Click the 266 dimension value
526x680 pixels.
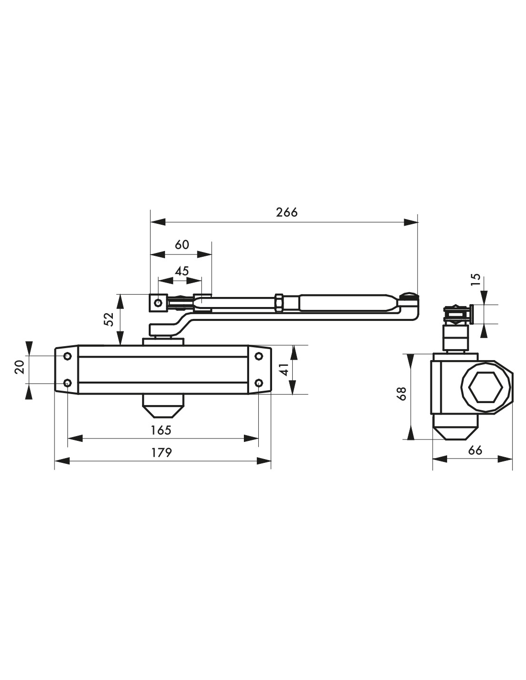coord(286,212)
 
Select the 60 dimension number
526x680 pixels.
coord(182,244)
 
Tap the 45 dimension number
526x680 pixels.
coord(182,271)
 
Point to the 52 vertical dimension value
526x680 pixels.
coord(109,319)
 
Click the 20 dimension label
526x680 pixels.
coord(20,367)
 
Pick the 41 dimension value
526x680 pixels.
coord(285,370)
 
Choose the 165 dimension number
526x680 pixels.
coord(161,430)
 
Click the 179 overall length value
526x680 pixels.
coord(162,452)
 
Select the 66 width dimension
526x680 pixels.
coord(475,450)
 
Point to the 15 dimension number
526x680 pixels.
coord(475,279)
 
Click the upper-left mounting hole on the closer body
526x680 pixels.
coord(67,356)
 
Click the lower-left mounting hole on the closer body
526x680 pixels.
coord(67,383)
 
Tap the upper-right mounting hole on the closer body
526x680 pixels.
coord(259,356)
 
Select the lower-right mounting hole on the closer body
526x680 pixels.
coord(259,383)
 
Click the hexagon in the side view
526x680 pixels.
coord(486,387)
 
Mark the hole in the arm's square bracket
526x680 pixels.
coord(158,303)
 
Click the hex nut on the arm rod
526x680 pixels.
coord(279,303)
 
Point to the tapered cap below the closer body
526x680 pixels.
coord(164,406)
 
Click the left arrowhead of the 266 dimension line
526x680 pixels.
coord(158,222)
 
